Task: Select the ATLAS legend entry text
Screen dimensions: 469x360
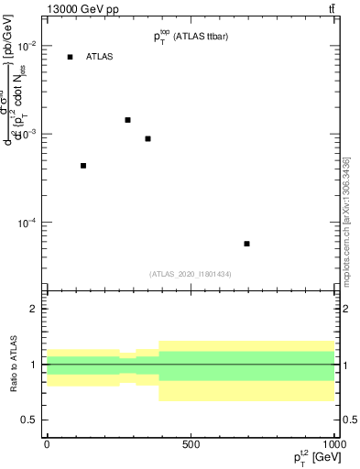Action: point(99,57)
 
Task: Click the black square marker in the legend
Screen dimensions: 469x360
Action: point(70,57)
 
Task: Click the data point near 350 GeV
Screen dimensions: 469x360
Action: point(147,138)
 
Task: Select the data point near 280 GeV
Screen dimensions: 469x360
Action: point(127,120)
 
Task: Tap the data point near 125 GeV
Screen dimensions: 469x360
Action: point(83,166)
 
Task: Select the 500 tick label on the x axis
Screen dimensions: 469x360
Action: point(191,443)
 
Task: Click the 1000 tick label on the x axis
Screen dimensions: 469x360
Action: point(333,443)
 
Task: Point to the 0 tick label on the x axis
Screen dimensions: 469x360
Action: point(47,443)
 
